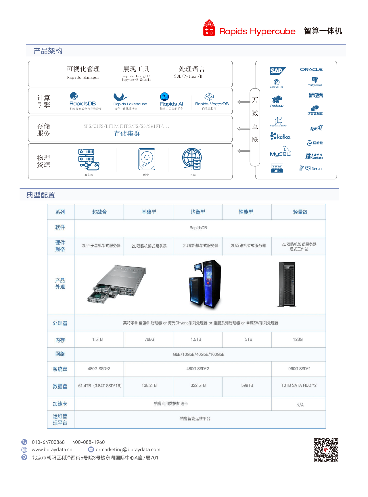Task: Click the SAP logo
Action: click(277, 71)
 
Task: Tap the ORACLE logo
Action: click(311, 70)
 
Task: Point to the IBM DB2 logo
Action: click(277, 168)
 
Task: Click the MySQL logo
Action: click(280, 152)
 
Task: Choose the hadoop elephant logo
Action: click(277, 101)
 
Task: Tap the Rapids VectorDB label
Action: click(212, 104)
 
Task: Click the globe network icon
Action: click(192, 159)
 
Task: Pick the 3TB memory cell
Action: click(248, 339)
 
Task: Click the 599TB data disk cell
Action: click(247, 385)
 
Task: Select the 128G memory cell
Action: click(298, 339)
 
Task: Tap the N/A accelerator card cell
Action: click(300, 405)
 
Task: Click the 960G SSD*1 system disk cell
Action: click(299, 369)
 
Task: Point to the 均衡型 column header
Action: click(198, 212)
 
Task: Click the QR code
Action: click(326, 450)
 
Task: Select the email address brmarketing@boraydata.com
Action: click(128, 450)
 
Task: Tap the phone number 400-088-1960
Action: click(89, 442)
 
